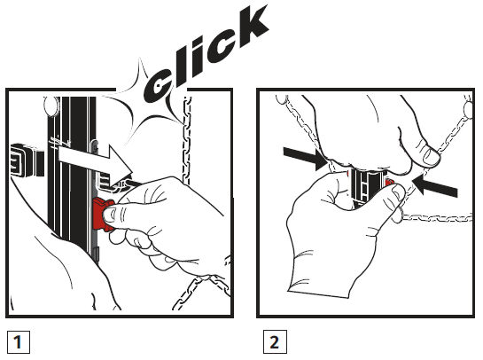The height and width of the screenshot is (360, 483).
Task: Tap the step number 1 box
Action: [x=16, y=340]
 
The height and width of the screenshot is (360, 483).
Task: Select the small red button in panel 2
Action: [x=391, y=184]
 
